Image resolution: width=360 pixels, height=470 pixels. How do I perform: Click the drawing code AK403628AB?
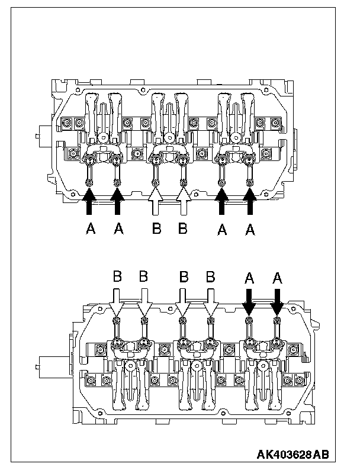point(292,455)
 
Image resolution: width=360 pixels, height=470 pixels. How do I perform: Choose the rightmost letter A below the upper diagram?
point(251,230)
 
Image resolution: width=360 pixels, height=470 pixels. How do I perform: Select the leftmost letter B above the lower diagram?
point(117,276)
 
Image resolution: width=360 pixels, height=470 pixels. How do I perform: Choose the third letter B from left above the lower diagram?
point(184,276)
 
